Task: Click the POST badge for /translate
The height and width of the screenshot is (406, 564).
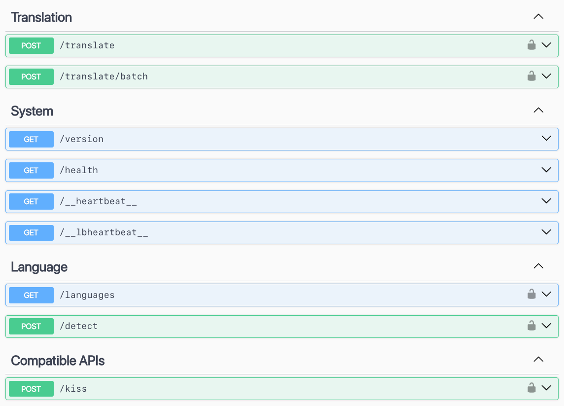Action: click(x=31, y=46)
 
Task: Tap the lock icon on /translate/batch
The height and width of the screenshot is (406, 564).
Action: click(x=531, y=76)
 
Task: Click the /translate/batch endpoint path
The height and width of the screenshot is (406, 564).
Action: click(x=104, y=76)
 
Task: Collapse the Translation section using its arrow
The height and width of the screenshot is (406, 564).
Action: click(x=538, y=17)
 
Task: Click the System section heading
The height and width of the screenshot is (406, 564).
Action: click(x=32, y=111)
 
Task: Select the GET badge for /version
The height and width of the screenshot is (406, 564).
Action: click(x=31, y=139)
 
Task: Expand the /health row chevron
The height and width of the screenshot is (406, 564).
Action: click(x=546, y=170)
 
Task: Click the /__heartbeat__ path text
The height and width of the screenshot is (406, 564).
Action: click(x=98, y=201)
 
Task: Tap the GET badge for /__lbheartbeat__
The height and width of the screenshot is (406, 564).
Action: click(x=31, y=233)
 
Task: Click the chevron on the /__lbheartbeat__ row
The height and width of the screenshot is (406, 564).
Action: click(x=546, y=232)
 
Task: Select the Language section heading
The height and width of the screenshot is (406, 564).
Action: click(x=39, y=267)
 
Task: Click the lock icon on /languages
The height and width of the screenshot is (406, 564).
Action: click(x=531, y=294)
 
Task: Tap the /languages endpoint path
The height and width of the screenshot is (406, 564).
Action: click(x=87, y=295)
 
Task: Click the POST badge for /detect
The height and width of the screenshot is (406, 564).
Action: click(x=31, y=327)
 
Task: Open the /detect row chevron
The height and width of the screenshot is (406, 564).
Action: click(x=546, y=326)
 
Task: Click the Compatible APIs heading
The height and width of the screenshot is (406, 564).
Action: click(x=58, y=361)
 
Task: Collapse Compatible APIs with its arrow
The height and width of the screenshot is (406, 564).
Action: click(x=538, y=360)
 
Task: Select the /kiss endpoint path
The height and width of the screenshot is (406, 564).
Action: click(x=73, y=389)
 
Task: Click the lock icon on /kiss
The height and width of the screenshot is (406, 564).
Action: click(x=531, y=388)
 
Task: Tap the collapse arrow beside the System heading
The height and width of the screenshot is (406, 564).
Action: click(x=538, y=110)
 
